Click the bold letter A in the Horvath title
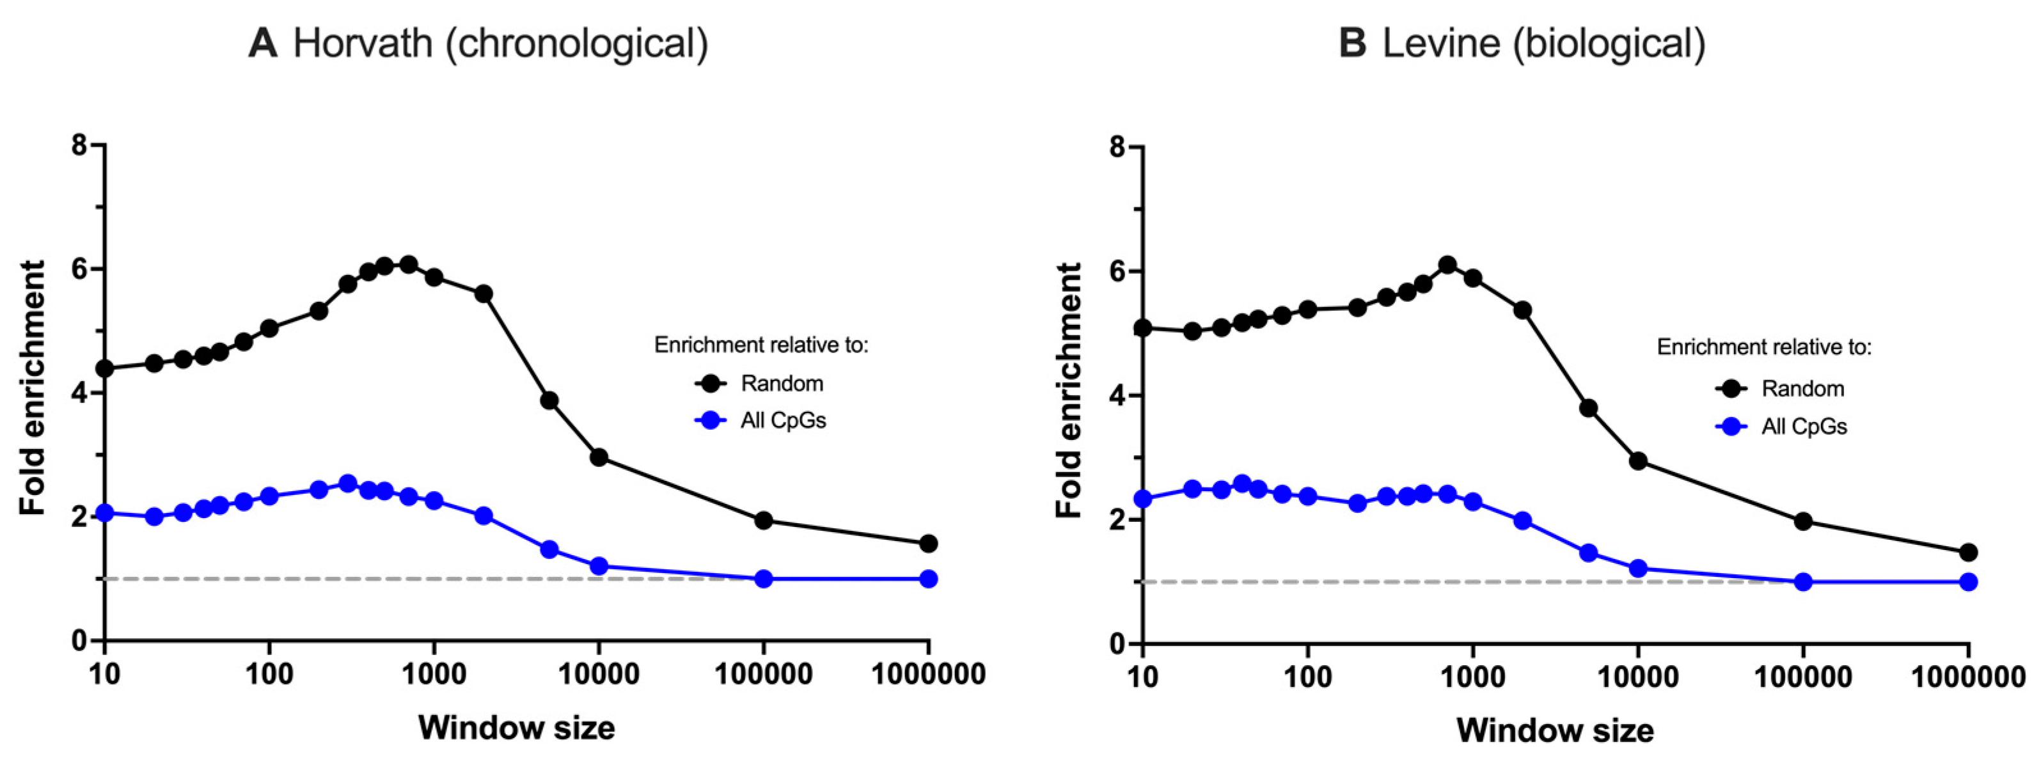(x=263, y=43)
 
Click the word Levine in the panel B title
(x=1440, y=43)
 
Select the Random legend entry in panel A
(x=781, y=384)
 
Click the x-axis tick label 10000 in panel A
(x=599, y=675)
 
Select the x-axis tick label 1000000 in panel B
(x=1968, y=677)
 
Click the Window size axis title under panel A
(x=517, y=727)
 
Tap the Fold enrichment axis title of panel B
(x=1069, y=391)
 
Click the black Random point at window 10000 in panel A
(x=599, y=457)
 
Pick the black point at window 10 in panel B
(x=1142, y=328)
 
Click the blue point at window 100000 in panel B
(x=1803, y=581)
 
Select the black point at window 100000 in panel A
(x=764, y=521)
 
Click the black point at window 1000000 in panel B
(x=1968, y=552)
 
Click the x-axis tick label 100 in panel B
(x=1307, y=677)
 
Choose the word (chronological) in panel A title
(x=577, y=43)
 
